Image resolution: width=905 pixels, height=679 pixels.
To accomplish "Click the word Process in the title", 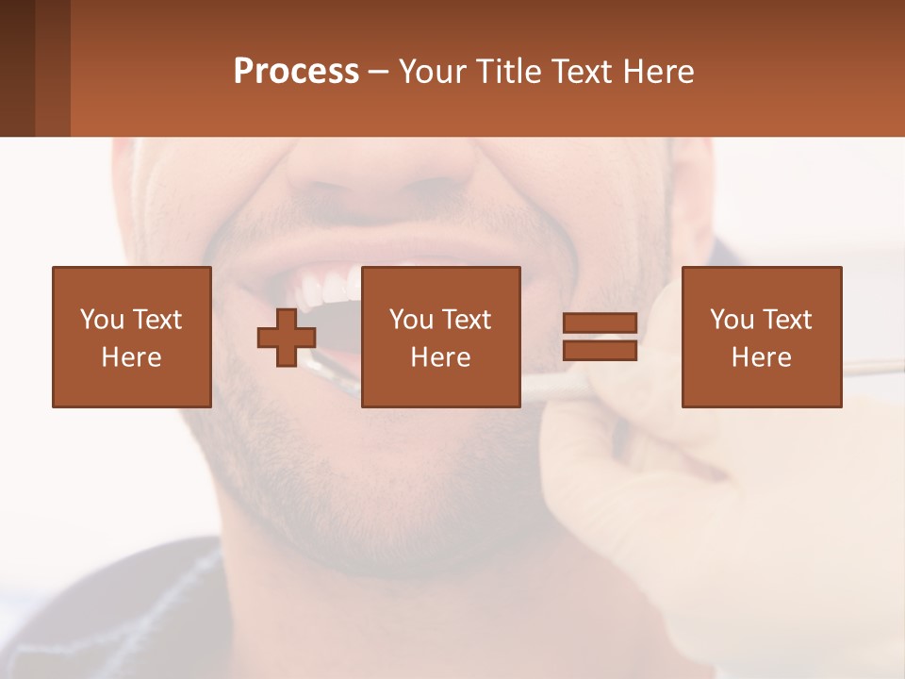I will (x=296, y=72).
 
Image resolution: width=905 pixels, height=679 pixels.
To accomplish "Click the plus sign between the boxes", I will (x=287, y=338).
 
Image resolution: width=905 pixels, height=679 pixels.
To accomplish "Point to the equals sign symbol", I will (x=600, y=338).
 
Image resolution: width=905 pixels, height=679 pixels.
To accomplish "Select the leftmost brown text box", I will (x=132, y=337).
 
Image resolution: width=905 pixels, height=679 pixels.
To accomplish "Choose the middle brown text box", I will (x=440, y=337).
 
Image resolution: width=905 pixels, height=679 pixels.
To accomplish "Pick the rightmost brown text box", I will (x=762, y=337).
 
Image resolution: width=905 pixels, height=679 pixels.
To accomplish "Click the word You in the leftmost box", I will (x=102, y=320).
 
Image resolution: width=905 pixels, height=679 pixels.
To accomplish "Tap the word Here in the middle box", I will (x=440, y=357).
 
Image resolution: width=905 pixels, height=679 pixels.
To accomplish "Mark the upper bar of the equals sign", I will (x=600, y=323).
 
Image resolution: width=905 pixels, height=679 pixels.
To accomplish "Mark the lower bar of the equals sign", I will (x=600, y=351).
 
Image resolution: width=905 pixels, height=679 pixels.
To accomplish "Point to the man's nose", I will (x=382, y=170).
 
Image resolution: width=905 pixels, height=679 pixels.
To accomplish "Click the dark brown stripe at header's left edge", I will (x=17, y=68).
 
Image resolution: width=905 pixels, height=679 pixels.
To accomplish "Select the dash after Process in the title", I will (x=379, y=72).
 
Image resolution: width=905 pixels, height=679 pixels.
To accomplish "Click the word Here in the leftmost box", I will (x=132, y=357).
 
